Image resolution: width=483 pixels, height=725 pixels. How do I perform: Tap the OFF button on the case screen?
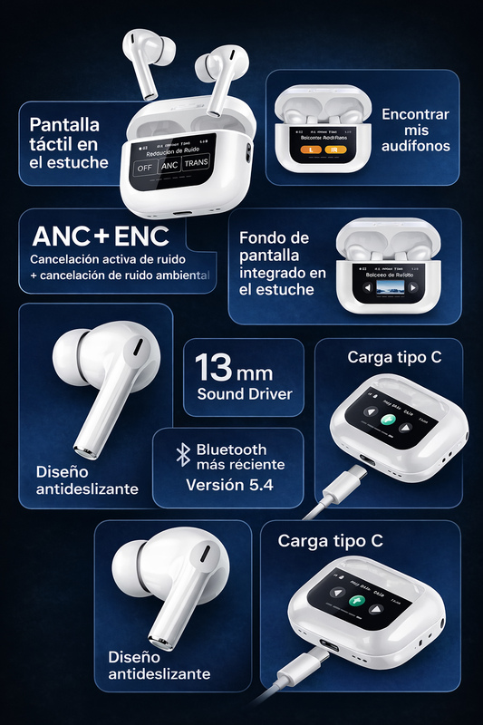coord(144,168)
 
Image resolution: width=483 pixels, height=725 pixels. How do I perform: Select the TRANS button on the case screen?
coord(197,166)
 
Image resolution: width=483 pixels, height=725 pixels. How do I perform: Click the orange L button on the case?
coord(310,150)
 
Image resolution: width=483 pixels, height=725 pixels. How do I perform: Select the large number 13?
coord(215,370)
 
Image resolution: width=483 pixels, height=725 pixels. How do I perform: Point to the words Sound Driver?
coord(244,394)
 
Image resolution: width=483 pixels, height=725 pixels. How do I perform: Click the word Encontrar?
coord(415,115)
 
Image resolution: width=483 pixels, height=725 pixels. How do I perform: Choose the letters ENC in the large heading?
coord(141,237)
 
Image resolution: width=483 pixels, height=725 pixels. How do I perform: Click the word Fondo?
coord(260,237)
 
